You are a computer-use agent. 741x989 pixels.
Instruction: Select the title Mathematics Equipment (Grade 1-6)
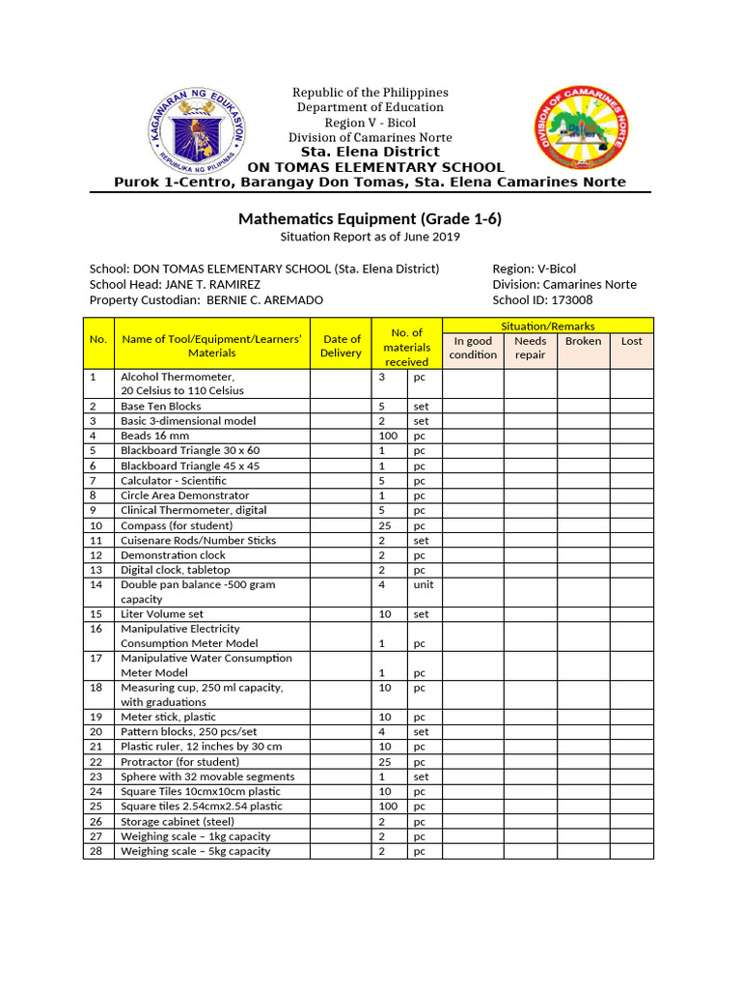(x=370, y=219)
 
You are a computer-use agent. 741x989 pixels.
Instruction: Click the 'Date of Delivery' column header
(x=341, y=346)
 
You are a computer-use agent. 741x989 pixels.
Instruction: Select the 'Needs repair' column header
(x=530, y=348)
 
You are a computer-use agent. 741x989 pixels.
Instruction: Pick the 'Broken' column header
(x=583, y=341)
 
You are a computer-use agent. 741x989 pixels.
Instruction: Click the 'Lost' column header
(x=631, y=341)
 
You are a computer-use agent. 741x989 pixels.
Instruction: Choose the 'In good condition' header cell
(x=473, y=348)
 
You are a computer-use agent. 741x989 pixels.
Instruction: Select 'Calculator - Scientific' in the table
(x=174, y=480)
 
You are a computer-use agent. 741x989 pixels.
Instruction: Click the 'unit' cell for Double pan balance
(x=424, y=584)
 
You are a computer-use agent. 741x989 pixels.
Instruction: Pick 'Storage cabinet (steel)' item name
(x=177, y=822)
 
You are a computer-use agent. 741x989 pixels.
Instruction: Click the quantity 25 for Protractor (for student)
(x=383, y=762)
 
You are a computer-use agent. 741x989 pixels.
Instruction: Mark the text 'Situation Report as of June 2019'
(x=370, y=237)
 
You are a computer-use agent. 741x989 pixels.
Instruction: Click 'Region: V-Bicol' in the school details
(x=534, y=268)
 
